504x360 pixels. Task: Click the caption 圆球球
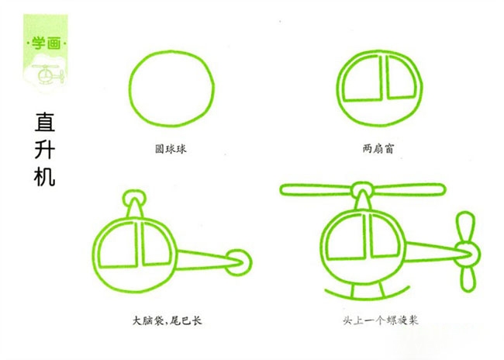171,149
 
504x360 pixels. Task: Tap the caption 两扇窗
378,149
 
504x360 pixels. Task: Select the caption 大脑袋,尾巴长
167,320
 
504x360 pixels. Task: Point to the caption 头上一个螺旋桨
381,320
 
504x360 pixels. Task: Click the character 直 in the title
45,122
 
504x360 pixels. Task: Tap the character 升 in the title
45,149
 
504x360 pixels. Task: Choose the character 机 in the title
45,177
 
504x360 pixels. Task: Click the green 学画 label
46,43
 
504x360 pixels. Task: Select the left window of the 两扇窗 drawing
363,79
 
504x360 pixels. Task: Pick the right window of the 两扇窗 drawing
401,78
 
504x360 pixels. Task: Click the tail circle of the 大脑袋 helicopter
238,251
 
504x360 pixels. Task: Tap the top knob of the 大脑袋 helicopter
135,191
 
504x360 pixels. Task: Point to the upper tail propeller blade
466,227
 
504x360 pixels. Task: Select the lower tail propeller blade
468,277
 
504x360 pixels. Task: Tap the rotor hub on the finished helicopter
363,184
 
